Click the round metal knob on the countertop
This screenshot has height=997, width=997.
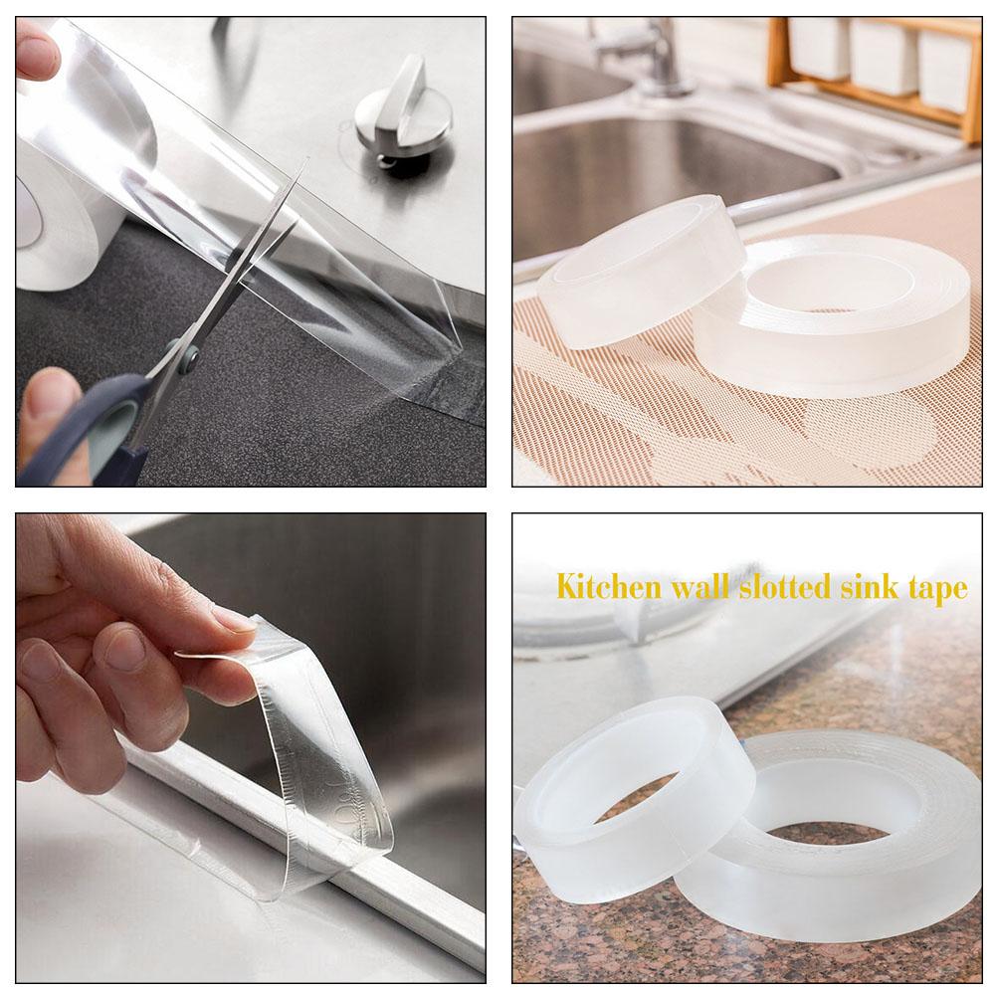[x=403, y=110]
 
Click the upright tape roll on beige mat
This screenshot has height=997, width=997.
[x=641, y=269]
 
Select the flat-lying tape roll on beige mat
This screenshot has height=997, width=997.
[x=831, y=313]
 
